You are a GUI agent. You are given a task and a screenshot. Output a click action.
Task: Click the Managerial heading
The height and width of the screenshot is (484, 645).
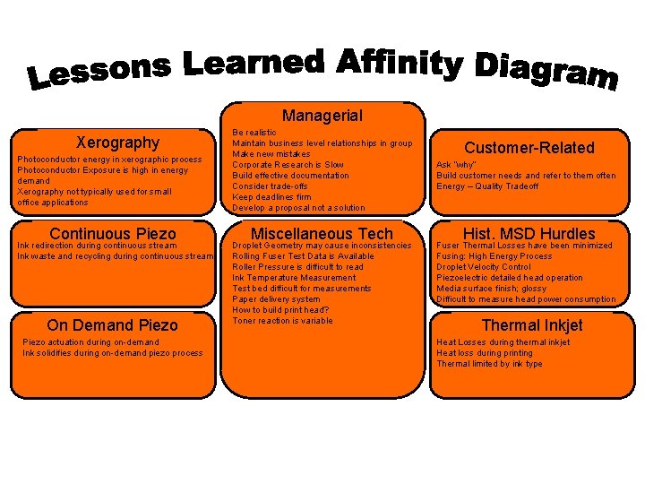point(322,116)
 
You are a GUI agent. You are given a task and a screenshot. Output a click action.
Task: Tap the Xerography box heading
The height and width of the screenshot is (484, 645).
point(117,143)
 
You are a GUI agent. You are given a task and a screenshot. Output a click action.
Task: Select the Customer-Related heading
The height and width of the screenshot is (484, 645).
point(529,148)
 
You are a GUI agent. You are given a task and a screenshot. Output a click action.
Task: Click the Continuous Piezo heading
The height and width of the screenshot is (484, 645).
point(113,234)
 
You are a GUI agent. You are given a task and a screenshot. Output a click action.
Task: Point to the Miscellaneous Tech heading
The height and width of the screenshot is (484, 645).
point(322,234)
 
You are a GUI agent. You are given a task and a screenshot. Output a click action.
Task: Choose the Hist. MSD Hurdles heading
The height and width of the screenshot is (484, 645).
point(529,234)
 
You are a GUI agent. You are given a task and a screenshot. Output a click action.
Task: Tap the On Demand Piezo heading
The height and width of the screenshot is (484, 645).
point(113,325)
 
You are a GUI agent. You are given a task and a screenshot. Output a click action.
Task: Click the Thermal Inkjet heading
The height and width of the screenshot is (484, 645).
point(532,325)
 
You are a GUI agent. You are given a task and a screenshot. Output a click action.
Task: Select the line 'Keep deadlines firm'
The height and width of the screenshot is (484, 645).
point(271,197)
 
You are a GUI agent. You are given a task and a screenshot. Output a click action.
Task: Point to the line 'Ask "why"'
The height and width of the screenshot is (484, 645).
point(457,165)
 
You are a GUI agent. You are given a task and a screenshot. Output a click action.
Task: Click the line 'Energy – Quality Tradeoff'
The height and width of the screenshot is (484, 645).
point(487,186)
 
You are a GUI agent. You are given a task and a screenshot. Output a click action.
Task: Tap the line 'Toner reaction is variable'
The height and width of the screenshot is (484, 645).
point(282,321)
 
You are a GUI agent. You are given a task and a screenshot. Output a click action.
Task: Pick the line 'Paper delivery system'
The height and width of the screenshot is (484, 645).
point(276,299)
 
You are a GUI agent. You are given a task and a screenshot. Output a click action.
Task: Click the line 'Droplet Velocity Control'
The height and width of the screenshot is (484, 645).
point(483,267)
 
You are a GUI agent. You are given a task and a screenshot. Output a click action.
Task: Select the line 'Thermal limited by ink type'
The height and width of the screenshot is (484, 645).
point(489,364)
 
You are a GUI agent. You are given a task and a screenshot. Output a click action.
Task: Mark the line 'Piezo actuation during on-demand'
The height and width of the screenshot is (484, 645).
point(90,342)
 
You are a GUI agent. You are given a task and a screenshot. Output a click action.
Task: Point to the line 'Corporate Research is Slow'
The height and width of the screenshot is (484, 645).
point(288,165)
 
